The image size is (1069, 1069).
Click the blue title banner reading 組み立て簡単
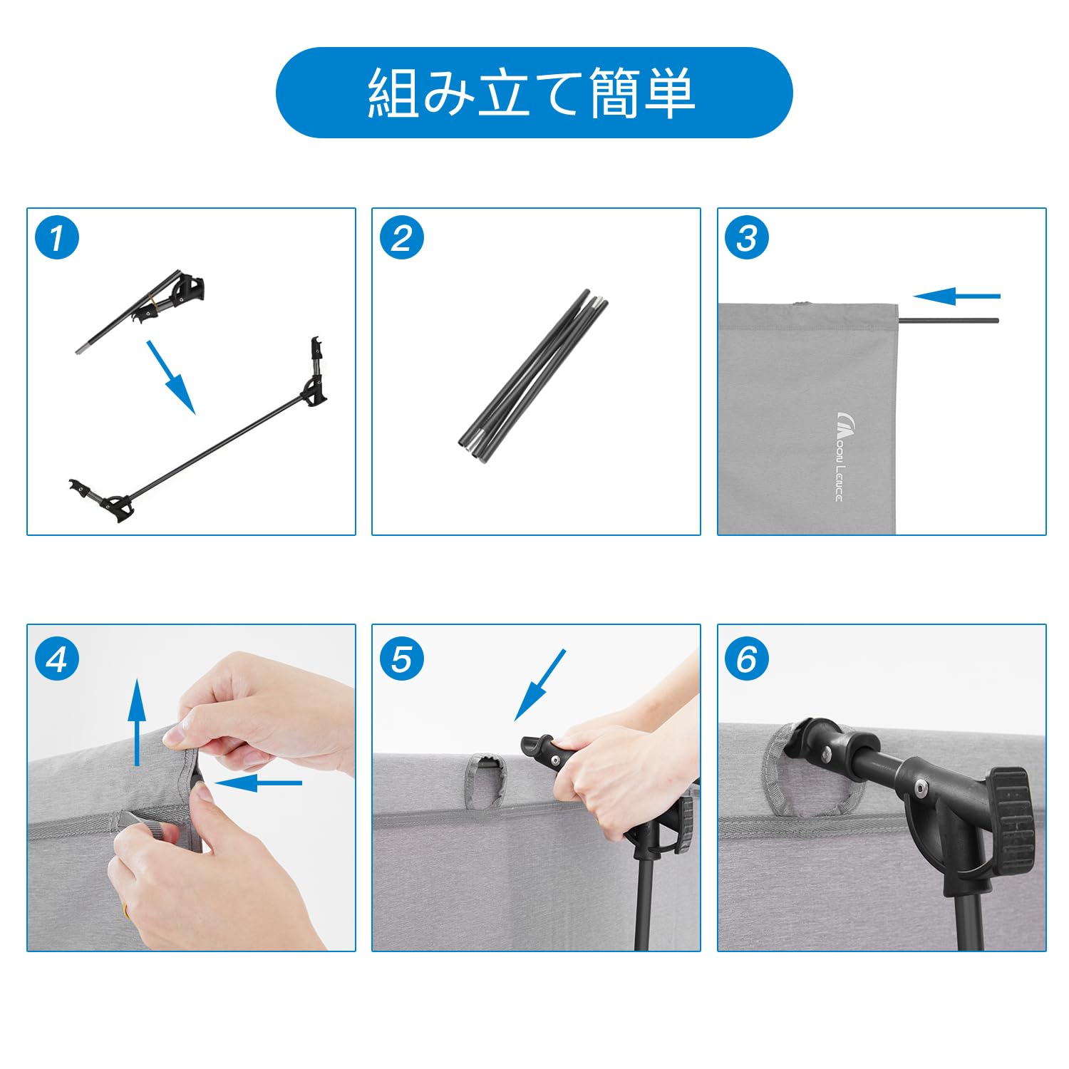(x=534, y=93)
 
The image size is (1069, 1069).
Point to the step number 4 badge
(x=57, y=659)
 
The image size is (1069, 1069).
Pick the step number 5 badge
(x=402, y=659)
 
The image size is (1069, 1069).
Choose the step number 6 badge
(x=747, y=659)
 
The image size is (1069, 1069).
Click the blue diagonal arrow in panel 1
(x=171, y=377)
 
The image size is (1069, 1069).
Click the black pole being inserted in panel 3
(x=949, y=321)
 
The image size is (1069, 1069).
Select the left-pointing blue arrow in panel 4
(x=258, y=783)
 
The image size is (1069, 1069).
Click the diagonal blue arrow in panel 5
(x=540, y=684)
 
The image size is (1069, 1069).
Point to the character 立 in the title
(x=505, y=93)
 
